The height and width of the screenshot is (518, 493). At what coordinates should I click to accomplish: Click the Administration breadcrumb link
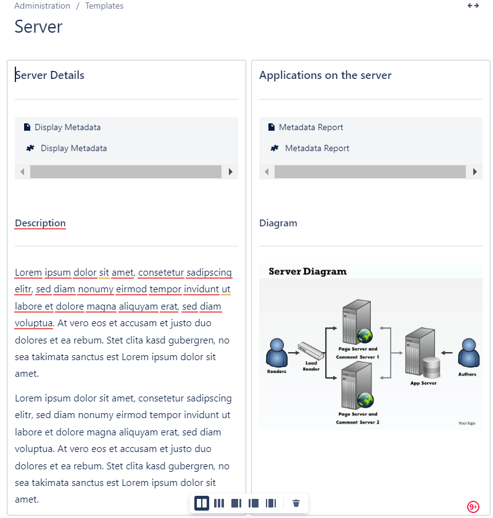(42, 6)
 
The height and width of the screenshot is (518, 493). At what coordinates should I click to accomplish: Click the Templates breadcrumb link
(104, 6)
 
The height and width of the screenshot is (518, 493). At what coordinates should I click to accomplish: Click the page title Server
(38, 27)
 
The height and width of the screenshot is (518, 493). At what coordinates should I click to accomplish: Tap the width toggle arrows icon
(473, 6)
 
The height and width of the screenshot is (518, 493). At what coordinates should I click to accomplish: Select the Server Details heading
(50, 75)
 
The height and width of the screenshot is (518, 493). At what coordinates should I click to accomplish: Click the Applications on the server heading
(325, 75)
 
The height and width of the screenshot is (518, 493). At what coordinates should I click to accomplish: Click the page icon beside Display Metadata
(27, 128)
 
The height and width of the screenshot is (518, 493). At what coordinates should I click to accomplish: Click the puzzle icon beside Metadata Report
(275, 149)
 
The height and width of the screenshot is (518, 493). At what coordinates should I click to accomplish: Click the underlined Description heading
(40, 223)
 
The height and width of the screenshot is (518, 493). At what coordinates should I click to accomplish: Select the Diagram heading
(278, 223)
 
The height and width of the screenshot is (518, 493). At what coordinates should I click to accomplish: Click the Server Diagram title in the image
(307, 271)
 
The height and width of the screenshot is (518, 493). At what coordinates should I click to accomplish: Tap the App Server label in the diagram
(423, 383)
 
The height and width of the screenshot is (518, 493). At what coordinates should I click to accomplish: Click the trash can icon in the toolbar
(296, 503)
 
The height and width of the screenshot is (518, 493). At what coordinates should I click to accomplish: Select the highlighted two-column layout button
(202, 503)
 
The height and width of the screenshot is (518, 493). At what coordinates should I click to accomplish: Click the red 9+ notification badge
(473, 507)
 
